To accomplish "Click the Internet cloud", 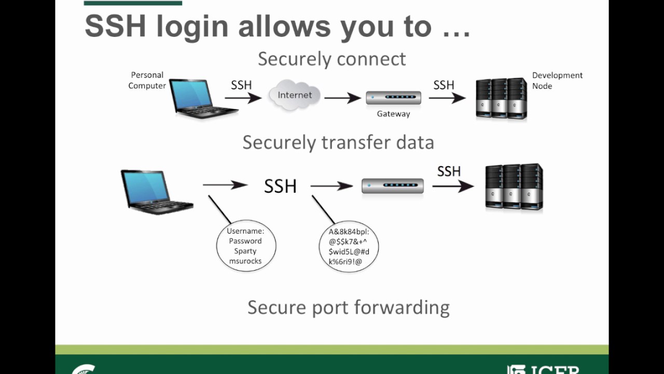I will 294,95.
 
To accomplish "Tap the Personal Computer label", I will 147,81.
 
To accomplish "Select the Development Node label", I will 557,81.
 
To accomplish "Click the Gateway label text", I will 393,114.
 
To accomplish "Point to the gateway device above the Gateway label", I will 393,97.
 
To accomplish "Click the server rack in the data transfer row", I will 514,187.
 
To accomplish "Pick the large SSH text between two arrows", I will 280,186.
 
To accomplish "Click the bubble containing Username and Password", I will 246,246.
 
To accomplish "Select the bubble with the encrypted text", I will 349,247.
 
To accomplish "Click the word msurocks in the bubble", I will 245,261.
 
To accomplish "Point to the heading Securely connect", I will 331,59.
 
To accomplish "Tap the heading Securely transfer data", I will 338,142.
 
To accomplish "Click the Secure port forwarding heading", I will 348,307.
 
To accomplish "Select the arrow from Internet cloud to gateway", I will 342,97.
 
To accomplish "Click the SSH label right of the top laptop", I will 241,85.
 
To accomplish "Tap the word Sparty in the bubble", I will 245,251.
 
